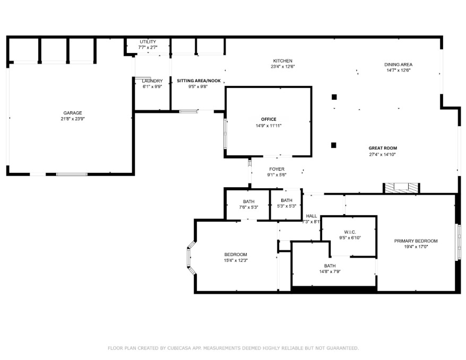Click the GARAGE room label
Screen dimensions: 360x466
[73, 113]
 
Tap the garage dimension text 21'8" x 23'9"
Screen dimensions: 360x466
[73, 119]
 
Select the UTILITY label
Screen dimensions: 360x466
[148, 42]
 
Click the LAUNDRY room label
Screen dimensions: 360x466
[152, 81]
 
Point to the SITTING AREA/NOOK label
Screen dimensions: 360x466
[199, 81]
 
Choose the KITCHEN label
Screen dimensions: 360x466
[282, 61]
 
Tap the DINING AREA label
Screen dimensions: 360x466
[398, 65]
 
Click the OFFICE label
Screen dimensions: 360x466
[268, 119]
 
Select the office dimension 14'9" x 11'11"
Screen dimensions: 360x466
[268, 126]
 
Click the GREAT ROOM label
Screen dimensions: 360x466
[383, 148]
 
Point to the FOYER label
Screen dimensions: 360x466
[277, 169]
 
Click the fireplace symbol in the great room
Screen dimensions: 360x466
[401, 188]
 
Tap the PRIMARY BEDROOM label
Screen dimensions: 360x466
[416, 241]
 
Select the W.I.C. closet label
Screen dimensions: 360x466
[350, 232]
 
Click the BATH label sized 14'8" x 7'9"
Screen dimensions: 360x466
[330, 266]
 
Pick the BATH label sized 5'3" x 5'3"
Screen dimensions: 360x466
[287, 200]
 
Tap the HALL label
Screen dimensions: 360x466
[312, 216]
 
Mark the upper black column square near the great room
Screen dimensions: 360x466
[334, 97]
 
